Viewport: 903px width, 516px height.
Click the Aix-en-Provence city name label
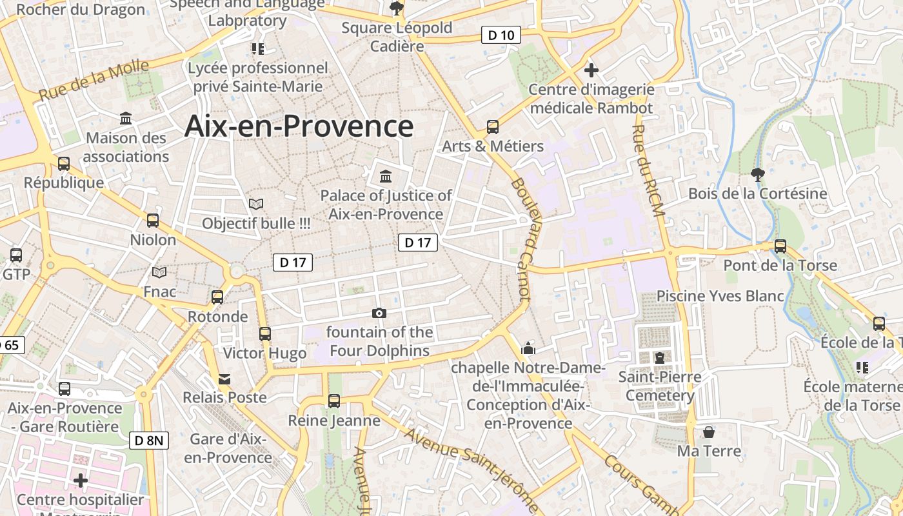click(299, 126)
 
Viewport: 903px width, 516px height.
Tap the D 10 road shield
click(501, 35)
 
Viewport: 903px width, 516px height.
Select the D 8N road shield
click(149, 441)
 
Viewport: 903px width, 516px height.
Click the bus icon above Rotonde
click(217, 297)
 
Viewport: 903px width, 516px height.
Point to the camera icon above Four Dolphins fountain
click(379, 313)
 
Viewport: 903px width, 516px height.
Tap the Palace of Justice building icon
click(386, 176)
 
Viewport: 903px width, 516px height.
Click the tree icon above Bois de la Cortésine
click(757, 174)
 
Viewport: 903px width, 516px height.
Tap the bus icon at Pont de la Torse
click(780, 246)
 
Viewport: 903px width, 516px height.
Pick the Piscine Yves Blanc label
click(720, 296)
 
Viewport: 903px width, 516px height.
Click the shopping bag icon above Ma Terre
click(709, 432)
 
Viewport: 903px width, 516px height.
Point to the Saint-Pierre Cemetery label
click(659, 385)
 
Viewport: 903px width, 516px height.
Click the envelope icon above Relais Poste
click(224, 379)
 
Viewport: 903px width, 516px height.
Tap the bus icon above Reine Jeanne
click(334, 401)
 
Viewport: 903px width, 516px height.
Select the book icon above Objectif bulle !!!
click(256, 204)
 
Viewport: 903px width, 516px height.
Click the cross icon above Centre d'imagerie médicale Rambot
click(591, 70)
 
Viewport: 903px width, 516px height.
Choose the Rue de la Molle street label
click(94, 80)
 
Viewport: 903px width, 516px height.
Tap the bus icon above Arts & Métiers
click(493, 127)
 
